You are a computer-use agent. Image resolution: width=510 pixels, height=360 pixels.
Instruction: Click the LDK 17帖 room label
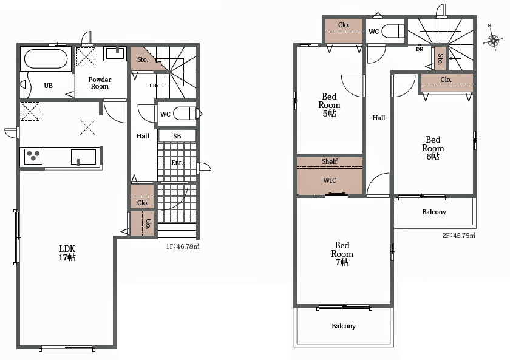(67, 253)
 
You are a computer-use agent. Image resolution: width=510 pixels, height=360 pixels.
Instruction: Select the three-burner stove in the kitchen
(33, 157)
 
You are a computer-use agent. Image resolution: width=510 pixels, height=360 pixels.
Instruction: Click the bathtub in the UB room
(46, 58)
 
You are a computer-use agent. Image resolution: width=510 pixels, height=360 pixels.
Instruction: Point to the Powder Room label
(100, 83)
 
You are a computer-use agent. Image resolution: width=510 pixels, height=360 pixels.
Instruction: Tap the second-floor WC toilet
(393, 32)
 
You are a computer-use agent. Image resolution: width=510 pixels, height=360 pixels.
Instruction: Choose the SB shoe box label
(177, 136)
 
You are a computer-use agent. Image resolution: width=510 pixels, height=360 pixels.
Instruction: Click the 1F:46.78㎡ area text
(183, 246)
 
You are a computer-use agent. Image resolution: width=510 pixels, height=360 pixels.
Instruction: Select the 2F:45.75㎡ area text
(458, 236)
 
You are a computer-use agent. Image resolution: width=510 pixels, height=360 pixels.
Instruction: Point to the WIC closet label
(330, 180)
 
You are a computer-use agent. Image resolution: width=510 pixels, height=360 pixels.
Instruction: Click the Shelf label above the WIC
(330, 161)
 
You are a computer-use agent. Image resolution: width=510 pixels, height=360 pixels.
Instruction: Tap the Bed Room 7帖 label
(342, 254)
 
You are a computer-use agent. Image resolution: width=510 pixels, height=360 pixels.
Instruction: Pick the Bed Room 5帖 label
(329, 104)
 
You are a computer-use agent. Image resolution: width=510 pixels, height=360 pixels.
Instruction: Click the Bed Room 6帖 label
(433, 148)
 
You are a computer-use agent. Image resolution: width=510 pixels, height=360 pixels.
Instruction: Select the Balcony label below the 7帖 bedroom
(344, 326)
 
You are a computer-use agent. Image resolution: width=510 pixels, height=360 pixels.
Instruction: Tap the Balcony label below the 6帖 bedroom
(434, 212)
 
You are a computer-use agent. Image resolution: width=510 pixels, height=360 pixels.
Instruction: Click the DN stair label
(420, 49)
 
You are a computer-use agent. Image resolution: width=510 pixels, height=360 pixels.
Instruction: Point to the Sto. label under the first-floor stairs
(143, 59)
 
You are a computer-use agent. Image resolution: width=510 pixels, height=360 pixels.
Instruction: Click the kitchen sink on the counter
(84, 157)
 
